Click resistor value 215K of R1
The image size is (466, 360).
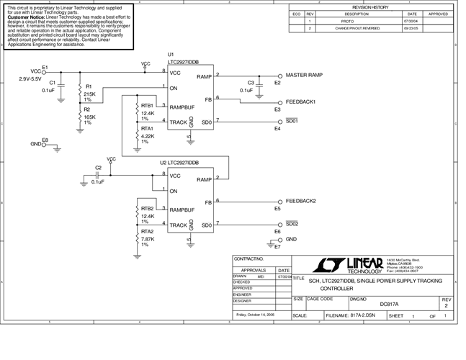(89, 94)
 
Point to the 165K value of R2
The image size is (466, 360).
(89, 117)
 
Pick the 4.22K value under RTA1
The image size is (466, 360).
(148, 136)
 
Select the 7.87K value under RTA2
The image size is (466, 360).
(148, 239)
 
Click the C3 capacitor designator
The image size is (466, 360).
(251, 83)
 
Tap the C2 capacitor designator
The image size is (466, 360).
(98, 168)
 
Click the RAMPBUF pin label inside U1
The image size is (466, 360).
(183, 107)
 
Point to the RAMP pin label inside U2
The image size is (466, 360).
(205, 179)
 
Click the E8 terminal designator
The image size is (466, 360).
(45, 139)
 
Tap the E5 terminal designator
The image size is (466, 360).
(277, 209)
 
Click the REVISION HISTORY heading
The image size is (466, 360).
(369, 6)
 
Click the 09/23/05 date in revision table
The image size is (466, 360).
(411, 30)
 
